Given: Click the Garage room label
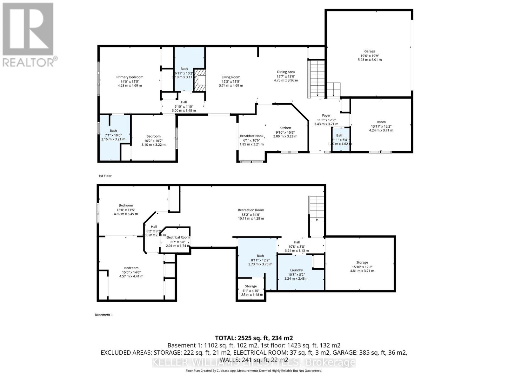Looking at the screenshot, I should (x=370, y=51).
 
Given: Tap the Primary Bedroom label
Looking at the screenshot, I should (x=130, y=77).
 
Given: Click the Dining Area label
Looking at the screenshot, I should (x=286, y=72).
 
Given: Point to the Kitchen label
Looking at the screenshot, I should (x=285, y=128).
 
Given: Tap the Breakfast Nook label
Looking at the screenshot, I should (x=251, y=136).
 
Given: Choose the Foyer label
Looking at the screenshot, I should (x=326, y=116).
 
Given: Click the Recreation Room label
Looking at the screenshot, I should (x=251, y=210).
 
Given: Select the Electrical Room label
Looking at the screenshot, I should (x=178, y=237).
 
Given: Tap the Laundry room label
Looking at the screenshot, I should (x=297, y=270).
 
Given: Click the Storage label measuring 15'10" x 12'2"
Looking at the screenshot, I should (x=362, y=263).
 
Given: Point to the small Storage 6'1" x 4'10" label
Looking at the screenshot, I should (x=251, y=286).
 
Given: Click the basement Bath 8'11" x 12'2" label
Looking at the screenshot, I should (x=260, y=256).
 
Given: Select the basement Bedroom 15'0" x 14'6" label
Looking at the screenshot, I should (x=131, y=268).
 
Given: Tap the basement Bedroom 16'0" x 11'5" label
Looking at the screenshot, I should (x=126, y=205).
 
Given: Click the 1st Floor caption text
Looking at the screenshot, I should (x=105, y=176).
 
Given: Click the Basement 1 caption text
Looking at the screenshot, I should (x=104, y=315).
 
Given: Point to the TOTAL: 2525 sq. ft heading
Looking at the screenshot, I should (x=254, y=338).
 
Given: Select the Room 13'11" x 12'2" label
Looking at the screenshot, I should (x=381, y=122).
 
